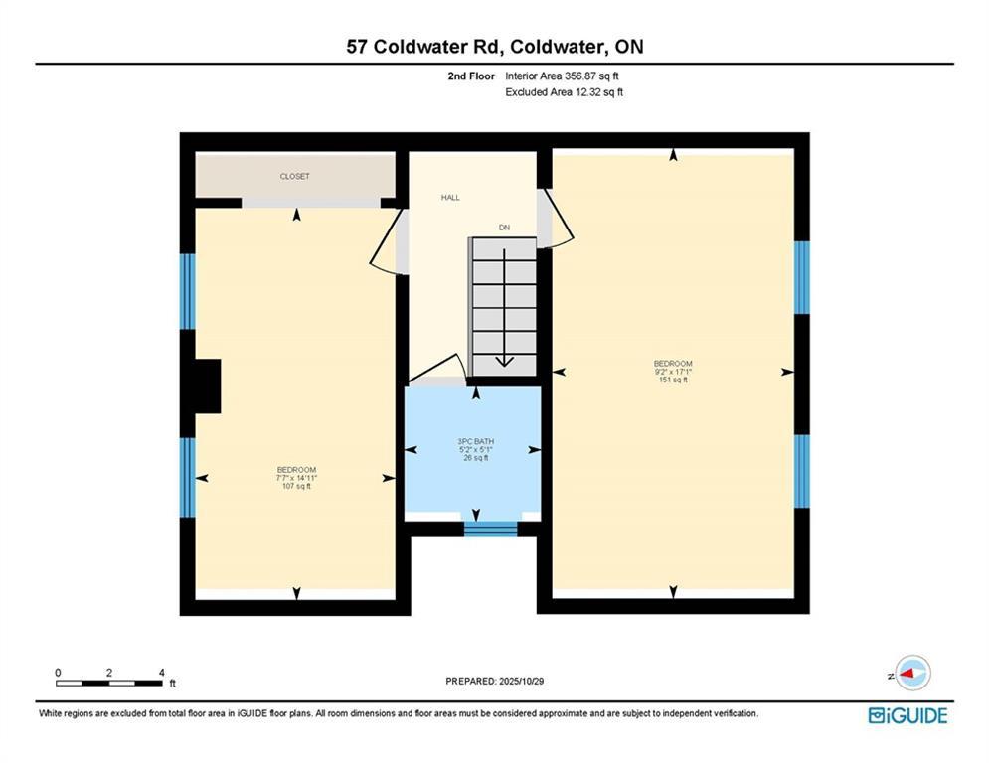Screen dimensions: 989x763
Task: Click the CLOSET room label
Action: [x=294, y=177]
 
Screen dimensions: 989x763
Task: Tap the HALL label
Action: [x=450, y=198]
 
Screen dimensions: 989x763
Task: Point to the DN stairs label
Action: [x=504, y=227]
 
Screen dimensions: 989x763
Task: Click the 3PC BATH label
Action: [x=476, y=441]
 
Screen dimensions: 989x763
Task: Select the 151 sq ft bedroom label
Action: [x=673, y=372]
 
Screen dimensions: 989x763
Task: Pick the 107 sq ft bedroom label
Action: [x=296, y=478]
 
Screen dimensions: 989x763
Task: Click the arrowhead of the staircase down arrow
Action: [x=505, y=362]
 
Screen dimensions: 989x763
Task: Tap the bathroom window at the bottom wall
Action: [x=491, y=530]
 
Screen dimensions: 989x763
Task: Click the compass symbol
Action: [x=912, y=673]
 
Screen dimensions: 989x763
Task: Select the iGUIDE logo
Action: [x=907, y=715]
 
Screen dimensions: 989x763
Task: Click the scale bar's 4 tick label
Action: [x=162, y=673]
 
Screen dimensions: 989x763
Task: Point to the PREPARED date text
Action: [x=495, y=681]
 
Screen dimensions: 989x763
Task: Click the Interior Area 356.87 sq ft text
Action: [x=562, y=76]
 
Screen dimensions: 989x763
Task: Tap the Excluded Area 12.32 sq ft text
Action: [x=565, y=92]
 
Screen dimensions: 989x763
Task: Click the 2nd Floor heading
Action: [x=471, y=76]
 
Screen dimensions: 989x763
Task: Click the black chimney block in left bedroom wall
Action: [x=208, y=385]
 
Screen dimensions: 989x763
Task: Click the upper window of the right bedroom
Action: [x=801, y=277]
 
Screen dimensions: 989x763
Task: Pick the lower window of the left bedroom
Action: [x=188, y=477]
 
